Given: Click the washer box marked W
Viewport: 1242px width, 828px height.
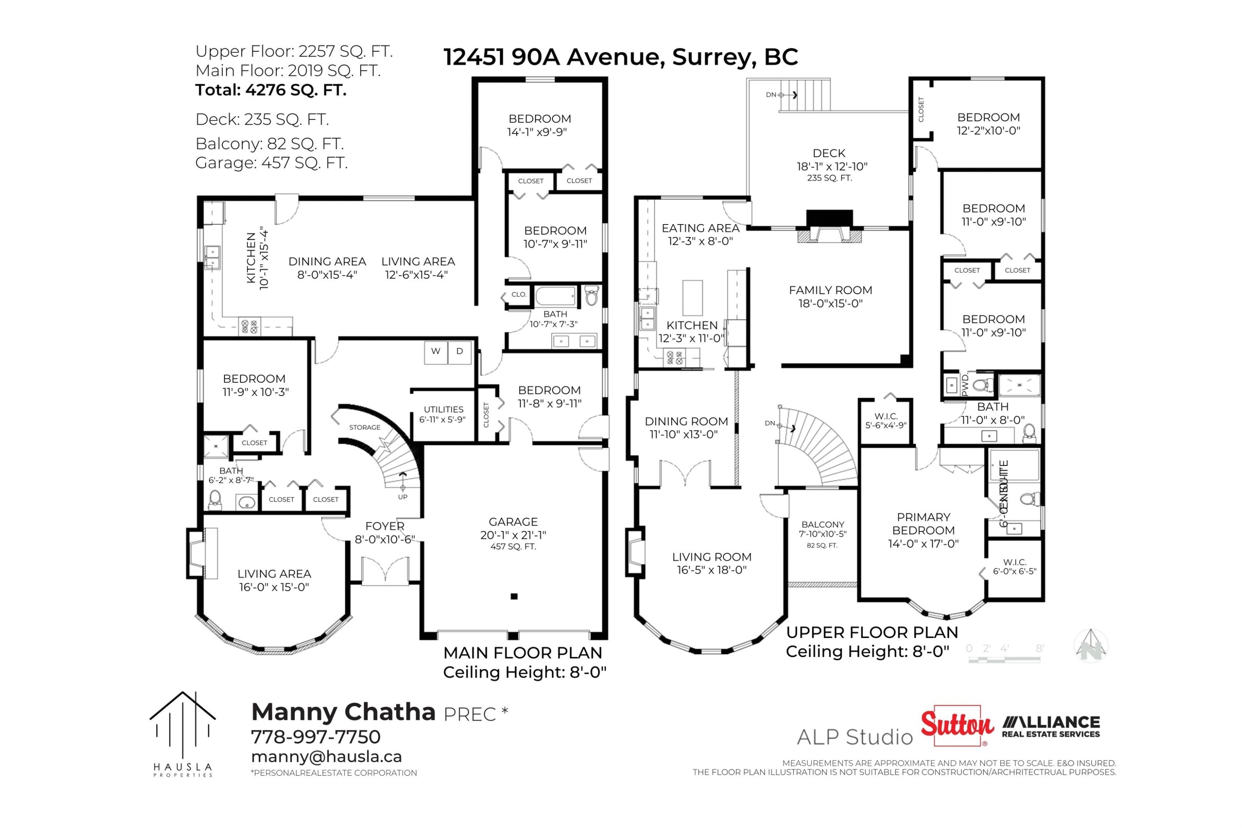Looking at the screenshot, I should (x=436, y=352).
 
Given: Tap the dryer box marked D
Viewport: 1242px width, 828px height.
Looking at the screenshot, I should (x=460, y=352).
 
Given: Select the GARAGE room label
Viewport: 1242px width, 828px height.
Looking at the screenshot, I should (x=513, y=522).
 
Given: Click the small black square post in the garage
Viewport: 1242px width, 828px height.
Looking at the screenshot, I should (x=514, y=597).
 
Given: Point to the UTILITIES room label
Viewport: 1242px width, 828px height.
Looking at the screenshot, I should (x=443, y=410).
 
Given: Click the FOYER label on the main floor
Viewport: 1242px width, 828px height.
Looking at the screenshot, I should (x=385, y=526).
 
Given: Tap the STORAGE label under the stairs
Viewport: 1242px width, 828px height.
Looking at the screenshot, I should (x=364, y=427).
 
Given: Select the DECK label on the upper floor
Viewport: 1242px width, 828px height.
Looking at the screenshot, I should (x=829, y=154).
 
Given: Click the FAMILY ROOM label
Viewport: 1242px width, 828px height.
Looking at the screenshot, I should (x=830, y=290).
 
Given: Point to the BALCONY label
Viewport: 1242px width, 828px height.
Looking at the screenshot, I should (x=822, y=525).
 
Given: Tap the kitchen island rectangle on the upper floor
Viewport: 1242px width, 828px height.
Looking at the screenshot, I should (x=693, y=298).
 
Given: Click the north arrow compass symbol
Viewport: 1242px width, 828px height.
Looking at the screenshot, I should (x=1090, y=645).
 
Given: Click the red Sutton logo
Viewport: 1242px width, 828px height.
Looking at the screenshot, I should (x=957, y=726).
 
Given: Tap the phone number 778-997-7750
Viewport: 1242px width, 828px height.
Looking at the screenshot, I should (x=315, y=736).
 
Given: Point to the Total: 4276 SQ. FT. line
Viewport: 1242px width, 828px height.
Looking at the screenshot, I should (x=271, y=90).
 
